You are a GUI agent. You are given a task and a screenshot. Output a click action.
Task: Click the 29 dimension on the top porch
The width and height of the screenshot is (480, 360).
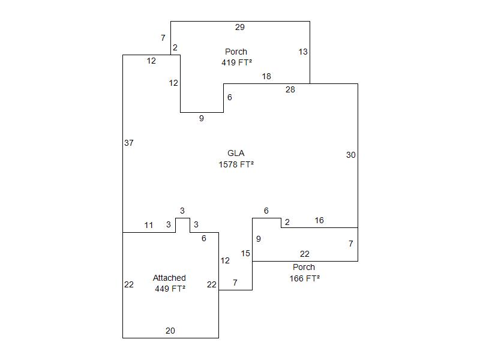(x=240, y=27)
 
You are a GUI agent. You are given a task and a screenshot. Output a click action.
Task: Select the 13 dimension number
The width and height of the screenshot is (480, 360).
(x=303, y=52)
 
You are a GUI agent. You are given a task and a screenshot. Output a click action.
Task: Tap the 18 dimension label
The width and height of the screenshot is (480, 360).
(x=266, y=76)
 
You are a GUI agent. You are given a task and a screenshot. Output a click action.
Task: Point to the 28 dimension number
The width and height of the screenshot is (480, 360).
(x=290, y=89)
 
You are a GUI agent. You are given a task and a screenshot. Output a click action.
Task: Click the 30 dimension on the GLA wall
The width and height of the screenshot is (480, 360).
(x=351, y=155)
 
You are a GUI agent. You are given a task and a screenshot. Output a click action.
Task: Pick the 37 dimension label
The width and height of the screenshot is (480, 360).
(x=129, y=143)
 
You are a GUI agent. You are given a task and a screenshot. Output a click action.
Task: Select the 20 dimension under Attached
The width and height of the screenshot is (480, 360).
(x=170, y=331)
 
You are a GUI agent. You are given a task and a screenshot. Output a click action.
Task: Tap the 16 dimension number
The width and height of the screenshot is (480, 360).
(x=319, y=220)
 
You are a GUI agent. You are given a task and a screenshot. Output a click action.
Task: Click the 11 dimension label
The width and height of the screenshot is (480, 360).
(x=149, y=225)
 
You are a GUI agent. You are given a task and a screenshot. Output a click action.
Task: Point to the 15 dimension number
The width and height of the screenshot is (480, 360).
(x=245, y=253)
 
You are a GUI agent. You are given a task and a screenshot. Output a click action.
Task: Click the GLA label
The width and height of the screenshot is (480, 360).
(x=236, y=153)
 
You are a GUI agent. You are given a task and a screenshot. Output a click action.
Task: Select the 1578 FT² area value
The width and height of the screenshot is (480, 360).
(x=236, y=164)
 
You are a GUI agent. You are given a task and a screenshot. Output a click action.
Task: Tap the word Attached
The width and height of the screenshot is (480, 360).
(x=169, y=278)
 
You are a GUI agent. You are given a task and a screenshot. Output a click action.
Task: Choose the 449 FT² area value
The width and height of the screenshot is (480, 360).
(x=170, y=289)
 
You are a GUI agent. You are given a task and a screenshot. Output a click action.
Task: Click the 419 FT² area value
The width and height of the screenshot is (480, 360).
(x=236, y=62)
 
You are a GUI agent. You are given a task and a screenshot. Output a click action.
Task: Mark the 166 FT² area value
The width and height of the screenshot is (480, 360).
(x=304, y=278)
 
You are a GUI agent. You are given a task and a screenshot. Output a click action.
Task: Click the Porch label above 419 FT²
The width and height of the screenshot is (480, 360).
(x=236, y=52)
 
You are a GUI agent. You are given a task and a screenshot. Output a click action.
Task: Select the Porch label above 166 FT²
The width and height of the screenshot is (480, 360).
(x=304, y=267)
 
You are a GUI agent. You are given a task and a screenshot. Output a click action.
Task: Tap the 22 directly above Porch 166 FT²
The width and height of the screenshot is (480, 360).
(x=305, y=254)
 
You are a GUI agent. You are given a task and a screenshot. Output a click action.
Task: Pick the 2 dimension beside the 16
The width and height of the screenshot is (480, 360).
(x=287, y=223)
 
